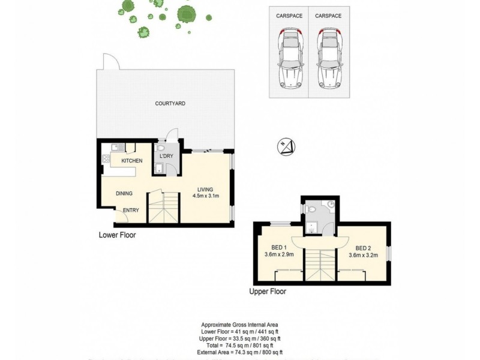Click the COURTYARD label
point(170,104)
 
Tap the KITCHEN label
point(131,161)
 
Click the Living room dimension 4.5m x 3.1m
point(206,196)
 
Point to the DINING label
point(124,193)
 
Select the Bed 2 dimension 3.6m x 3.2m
point(363,254)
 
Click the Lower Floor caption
point(117,235)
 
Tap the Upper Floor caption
point(268,292)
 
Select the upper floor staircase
point(320,264)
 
